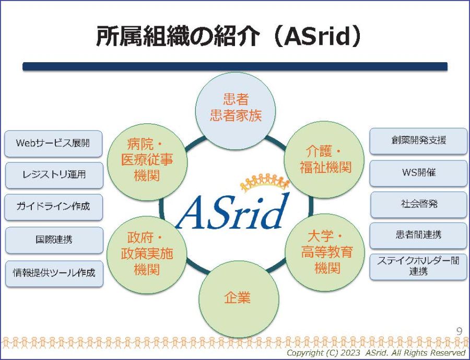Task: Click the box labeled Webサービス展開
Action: (x=53, y=143)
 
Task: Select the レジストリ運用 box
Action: (x=54, y=175)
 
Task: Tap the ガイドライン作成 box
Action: (x=53, y=207)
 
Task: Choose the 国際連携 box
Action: (x=54, y=240)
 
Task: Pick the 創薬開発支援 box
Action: (x=418, y=141)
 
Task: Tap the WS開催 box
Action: (x=418, y=173)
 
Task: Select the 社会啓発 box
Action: (x=419, y=205)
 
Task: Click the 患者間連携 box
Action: (x=418, y=236)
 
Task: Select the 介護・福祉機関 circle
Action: (x=324, y=160)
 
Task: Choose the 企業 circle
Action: (x=239, y=299)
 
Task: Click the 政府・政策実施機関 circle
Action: (x=147, y=254)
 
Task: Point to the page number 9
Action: (x=459, y=331)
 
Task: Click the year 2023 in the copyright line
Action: (x=350, y=353)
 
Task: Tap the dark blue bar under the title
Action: (x=235, y=66)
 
